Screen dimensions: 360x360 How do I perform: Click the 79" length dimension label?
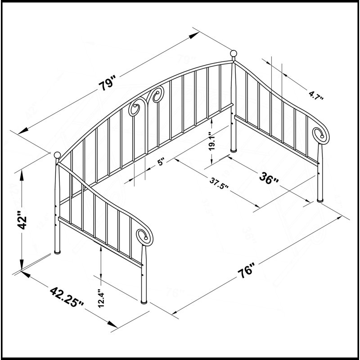[x=107, y=83]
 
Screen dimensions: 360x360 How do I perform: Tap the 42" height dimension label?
[x=22, y=220]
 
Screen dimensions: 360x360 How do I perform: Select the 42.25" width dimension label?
[x=67, y=297]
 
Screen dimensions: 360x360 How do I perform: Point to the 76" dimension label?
[x=246, y=271]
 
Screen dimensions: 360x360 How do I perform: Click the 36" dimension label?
[x=269, y=179]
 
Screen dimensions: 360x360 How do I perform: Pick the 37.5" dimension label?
[x=219, y=184]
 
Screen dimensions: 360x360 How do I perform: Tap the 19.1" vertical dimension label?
[x=211, y=141]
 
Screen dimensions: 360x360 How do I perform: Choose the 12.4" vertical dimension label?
[x=101, y=298]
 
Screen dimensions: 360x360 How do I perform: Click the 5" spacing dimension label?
[x=161, y=162]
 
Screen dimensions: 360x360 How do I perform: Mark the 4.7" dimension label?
[x=316, y=95]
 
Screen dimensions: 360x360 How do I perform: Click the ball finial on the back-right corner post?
[x=234, y=54]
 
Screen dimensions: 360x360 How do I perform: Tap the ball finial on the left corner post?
[x=58, y=155]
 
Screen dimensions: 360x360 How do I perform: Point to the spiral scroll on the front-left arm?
[x=144, y=237]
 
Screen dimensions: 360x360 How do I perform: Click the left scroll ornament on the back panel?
[x=134, y=107]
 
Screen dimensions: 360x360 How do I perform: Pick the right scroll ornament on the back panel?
[x=158, y=94]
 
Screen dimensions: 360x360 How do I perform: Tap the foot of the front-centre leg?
[x=144, y=302]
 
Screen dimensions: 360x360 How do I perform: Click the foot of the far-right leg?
[x=320, y=200]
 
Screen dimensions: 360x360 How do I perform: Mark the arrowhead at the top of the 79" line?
[x=194, y=35]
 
